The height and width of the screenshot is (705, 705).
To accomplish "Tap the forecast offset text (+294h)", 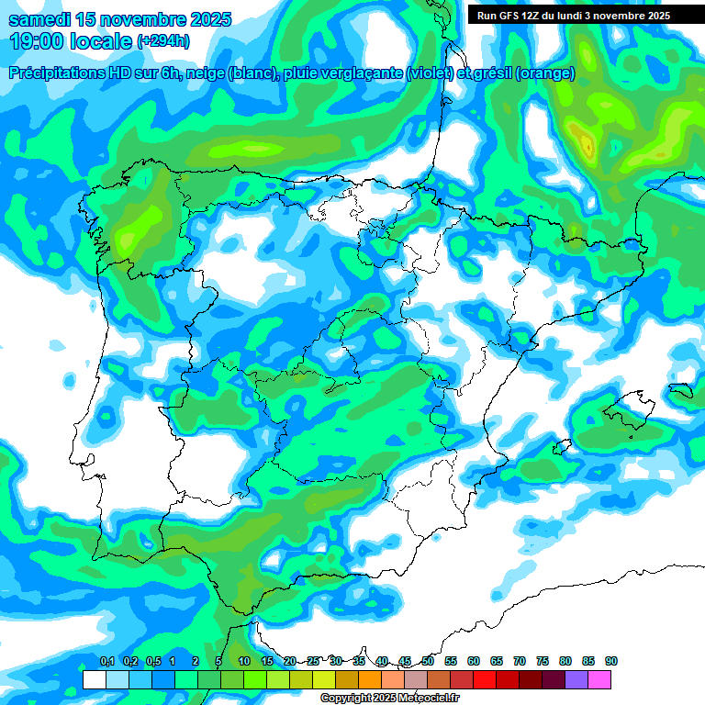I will (163, 40).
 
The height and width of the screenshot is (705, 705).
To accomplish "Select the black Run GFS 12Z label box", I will (574, 15).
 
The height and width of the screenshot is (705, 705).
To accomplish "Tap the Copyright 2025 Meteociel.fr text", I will (389, 699).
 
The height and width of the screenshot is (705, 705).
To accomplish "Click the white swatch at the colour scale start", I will (94, 680).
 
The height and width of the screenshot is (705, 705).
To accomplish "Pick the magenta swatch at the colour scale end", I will (599, 680).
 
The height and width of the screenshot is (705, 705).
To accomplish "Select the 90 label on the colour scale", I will (611, 661).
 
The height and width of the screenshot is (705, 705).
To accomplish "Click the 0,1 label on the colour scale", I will (107, 661).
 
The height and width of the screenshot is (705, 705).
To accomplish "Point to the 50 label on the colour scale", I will (428, 661).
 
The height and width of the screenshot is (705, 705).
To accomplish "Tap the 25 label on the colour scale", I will (313, 661).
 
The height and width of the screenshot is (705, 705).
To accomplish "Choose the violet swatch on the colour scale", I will (576, 680).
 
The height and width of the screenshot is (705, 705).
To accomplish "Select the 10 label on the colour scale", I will (244, 661).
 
